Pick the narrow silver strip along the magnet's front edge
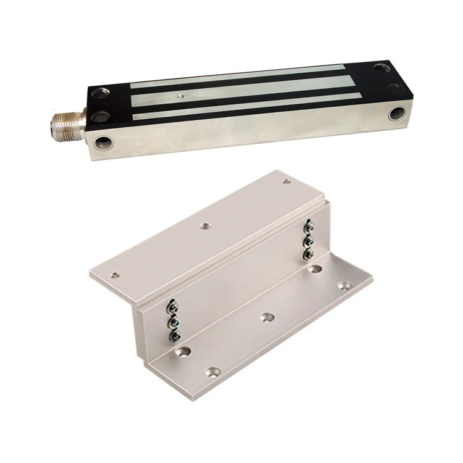247,105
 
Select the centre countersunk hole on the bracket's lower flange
267,317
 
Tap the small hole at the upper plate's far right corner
286,181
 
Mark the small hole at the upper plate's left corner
114,276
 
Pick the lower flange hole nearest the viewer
214,372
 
